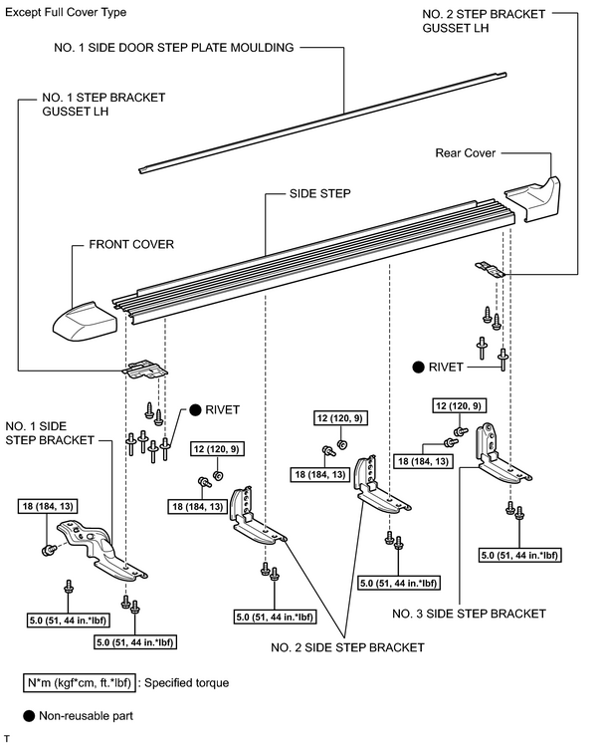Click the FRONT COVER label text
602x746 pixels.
coord(131,245)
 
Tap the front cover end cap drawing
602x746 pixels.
coord(85,318)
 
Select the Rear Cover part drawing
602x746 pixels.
coord(532,199)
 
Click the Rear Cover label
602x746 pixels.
coord(465,153)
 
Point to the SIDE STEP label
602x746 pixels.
coord(320,193)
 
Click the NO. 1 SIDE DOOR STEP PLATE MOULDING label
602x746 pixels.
coord(174,48)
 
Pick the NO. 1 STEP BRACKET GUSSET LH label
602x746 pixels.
coord(103,105)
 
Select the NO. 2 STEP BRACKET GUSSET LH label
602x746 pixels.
coord(484,21)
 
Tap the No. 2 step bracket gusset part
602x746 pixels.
coord(490,269)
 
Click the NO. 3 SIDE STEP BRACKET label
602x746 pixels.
coord(469,614)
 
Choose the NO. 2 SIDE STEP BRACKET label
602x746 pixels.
coord(347,647)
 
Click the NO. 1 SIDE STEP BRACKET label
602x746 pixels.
coord(50,433)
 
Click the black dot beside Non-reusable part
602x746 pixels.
coord(29,715)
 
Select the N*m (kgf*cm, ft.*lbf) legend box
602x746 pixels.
coord(80,682)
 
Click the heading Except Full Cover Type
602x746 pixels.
coord(66,12)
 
